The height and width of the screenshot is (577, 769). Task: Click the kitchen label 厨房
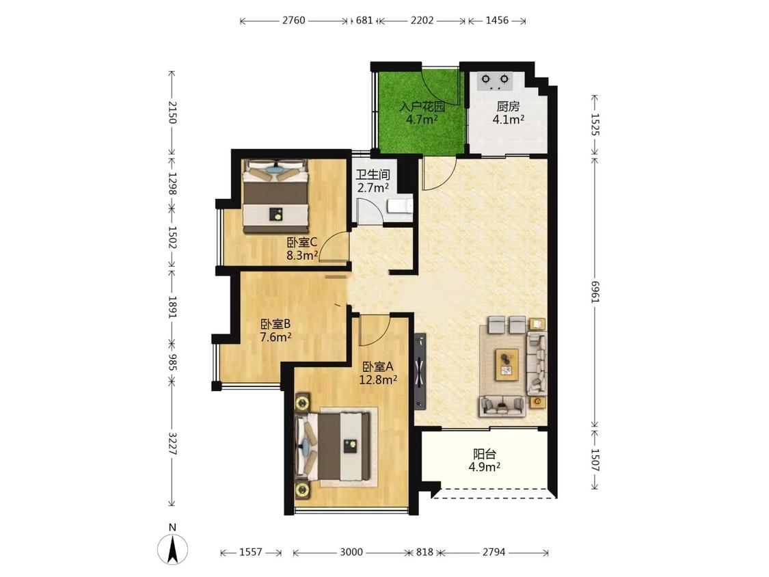(x=508, y=107)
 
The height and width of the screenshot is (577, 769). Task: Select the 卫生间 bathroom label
(x=373, y=174)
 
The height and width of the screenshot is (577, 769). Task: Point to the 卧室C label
(x=303, y=243)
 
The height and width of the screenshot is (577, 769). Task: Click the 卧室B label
(x=275, y=324)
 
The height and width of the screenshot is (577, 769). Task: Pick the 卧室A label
(x=377, y=366)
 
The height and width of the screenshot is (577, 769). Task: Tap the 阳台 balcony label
(x=484, y=455)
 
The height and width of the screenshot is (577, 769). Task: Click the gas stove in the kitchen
(x=495, y=81)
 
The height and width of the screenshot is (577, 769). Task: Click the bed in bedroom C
(x=276, y=196)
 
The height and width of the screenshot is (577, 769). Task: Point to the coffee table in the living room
(x=508, y=364)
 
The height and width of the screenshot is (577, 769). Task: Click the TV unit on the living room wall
(x=420, y=371)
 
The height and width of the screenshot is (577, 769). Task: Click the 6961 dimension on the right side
(x=595, y=291)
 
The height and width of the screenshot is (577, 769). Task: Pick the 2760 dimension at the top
(x=294, y=21)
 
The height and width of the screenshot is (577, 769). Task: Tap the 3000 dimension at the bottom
(x=351, y=552)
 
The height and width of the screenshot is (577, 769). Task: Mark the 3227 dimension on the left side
(x=172, y=443)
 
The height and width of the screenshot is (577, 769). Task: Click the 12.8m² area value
(x=377, y=379)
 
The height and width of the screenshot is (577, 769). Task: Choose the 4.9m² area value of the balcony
(x=484, y=467)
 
